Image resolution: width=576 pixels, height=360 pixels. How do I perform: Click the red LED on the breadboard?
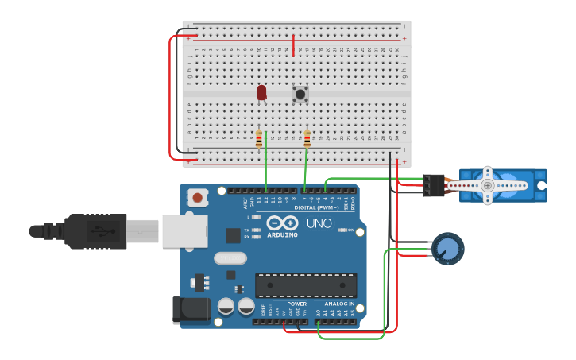[x=261, y=92]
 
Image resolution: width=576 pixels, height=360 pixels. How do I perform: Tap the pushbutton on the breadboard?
[x=300, y=94]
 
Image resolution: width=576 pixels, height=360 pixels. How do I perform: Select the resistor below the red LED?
[x=259, y=139]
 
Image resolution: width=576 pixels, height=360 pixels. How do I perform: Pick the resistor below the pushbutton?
[x=307, y=139]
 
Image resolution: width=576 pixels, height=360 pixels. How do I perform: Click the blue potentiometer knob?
[x=448, y=249]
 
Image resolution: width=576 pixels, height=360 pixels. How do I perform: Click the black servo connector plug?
[x=434, y=185]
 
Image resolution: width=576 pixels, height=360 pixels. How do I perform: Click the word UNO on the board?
[x=319, y=223]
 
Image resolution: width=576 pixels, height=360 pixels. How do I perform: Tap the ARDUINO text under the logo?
[x=282, y=235]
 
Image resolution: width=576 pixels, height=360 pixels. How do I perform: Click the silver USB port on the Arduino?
[x=184, y=230]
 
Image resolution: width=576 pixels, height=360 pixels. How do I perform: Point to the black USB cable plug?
[x=95, y=231]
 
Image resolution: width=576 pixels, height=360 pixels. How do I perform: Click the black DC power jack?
[x=191, y=310]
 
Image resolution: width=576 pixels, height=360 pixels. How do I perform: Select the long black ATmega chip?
[x=306, y=285]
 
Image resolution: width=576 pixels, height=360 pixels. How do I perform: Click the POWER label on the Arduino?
[x=296, y=304]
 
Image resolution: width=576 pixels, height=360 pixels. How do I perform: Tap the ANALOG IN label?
[x=339, y=304]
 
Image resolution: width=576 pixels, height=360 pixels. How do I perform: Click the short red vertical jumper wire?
[x=293, y=45]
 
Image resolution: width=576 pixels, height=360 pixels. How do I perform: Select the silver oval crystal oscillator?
[x=230, y=258]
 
